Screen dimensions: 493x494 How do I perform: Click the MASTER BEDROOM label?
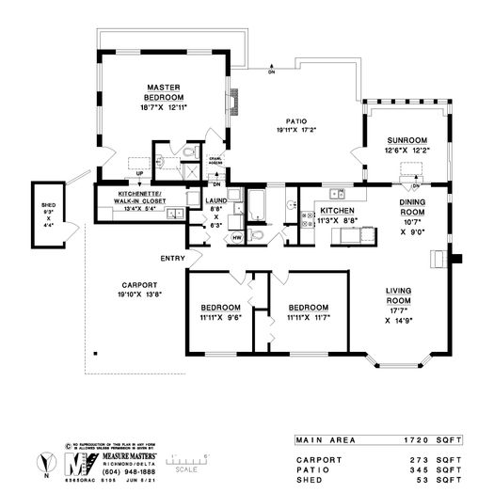[163, 93]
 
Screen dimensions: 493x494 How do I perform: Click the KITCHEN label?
[336, 211]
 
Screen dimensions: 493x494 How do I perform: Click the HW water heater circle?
[235, 237]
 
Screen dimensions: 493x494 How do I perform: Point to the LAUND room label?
[216, 200]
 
